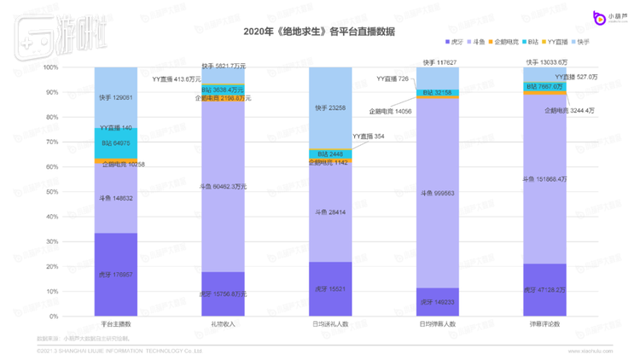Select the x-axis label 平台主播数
(115, 324)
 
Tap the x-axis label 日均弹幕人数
(438, 324)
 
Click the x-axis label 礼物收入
(223, 324)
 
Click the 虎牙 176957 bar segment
(115, 275)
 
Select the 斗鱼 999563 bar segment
(438, 193)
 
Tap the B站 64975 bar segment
(115, 142)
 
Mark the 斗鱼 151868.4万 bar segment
(544, 179)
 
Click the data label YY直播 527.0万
(586, 77)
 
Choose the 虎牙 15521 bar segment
(330, 289)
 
